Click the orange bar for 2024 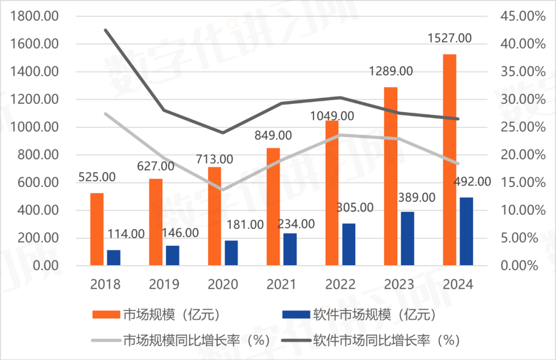pos(449,160)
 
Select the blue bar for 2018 pos(113,258)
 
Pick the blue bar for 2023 pos(407,238)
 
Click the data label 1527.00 pos(449,38)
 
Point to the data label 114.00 pos(126,233)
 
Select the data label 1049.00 pos(332,116)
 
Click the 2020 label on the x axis pos(223,284)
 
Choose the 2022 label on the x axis pos(340,284)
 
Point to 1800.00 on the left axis pos(40,16)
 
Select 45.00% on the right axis pos(522,16)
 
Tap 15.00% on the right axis pos(522,183)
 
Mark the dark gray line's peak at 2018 pos(106,30)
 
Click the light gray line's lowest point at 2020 pos(223,190)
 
